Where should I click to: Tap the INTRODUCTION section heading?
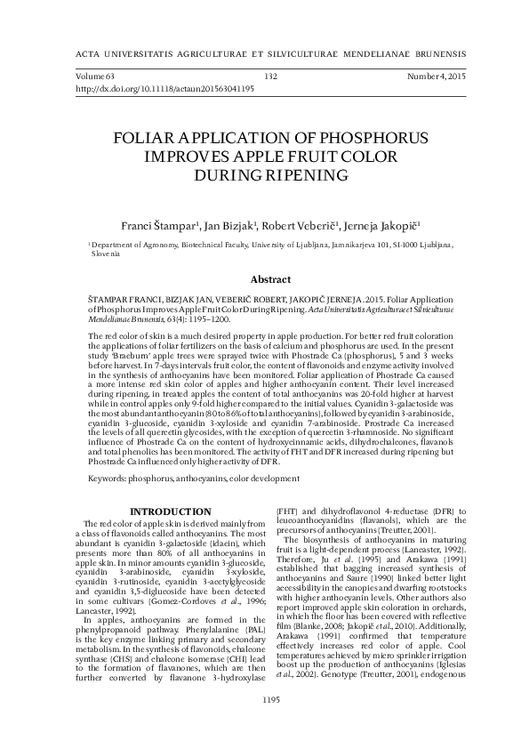[x=171, y=511]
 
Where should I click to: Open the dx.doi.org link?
[x=165, y=89]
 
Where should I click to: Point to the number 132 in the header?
[x=272, y=77]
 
